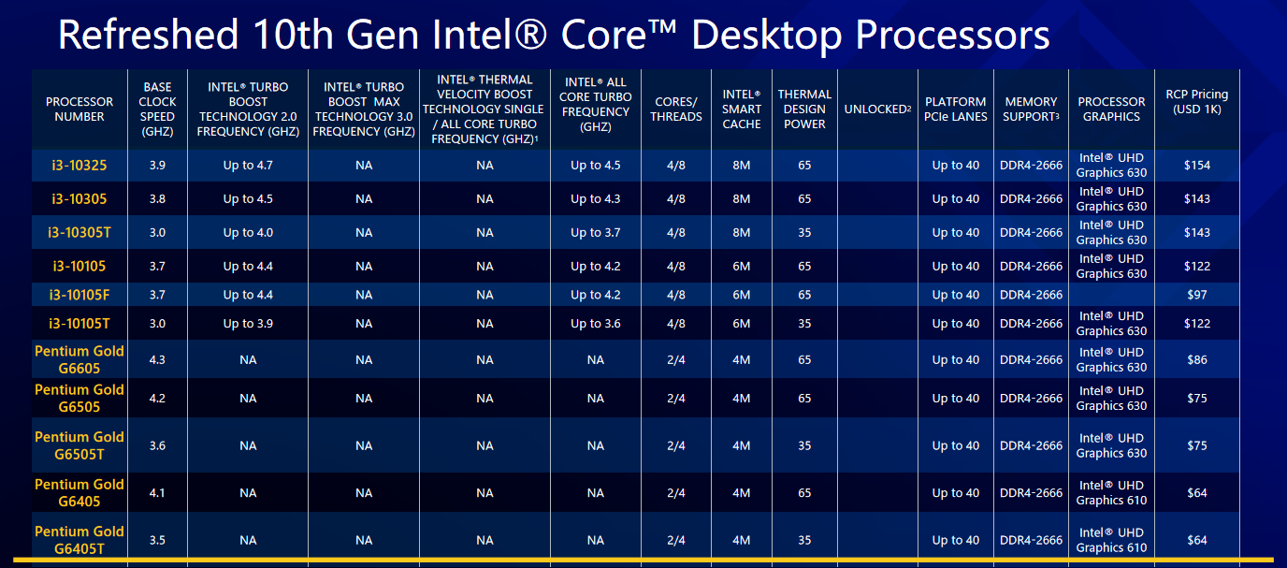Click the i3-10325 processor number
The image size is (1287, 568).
[79, 166]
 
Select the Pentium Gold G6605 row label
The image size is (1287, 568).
[80, 360]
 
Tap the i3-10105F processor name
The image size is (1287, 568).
[80, 295]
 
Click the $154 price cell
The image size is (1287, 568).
[1196, 166]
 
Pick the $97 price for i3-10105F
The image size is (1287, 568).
[1196, 295]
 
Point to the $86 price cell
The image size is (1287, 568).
[1196, 360]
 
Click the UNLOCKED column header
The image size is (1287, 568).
[877, 109]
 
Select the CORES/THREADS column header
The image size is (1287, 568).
[676, 109]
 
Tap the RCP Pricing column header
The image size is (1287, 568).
[1196, 102]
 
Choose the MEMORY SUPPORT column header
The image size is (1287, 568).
[1031, 109]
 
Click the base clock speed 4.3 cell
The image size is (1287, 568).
[157, 360]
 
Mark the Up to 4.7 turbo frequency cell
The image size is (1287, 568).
[248, 166]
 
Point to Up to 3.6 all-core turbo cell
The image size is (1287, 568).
[596, 324]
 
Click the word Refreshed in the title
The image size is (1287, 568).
[147, 36]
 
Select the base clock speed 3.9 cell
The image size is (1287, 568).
[157, 166]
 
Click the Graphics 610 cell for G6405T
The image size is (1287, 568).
[1111, 540]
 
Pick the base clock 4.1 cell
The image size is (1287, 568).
[157, 493]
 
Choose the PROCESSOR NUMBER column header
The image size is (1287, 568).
[80, 109]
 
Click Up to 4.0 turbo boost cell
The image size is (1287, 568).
[248, 233]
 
